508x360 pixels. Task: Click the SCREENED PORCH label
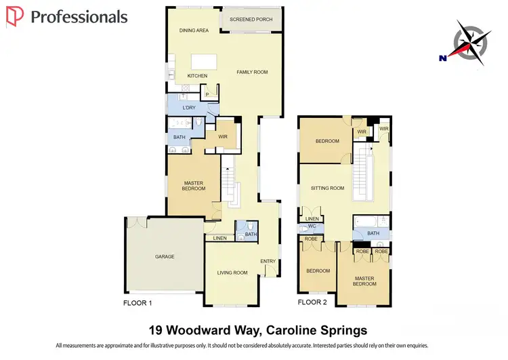(251, 20)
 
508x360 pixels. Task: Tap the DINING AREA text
(194, 31)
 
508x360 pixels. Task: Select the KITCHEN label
(197, 76)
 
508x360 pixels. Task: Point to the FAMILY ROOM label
(252, 72)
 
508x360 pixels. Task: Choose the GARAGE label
(165, 257)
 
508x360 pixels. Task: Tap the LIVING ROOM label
(232, 273)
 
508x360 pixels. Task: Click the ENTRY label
(268, 261)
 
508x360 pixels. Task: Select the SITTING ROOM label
(327, 188)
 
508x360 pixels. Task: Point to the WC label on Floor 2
(311, 226)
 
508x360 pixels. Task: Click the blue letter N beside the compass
(442, 58)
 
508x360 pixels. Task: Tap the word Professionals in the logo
(79, 17)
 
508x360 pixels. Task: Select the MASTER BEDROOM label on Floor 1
(194, 185)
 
